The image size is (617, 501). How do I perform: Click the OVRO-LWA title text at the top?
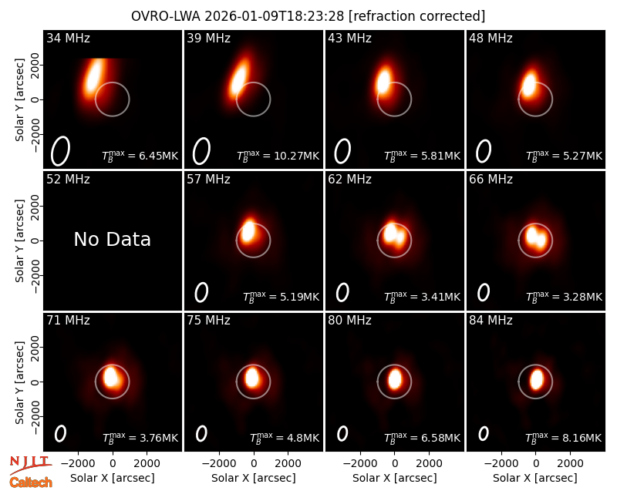308,16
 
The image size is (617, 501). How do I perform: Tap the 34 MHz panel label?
68,38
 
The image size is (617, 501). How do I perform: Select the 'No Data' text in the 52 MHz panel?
112,239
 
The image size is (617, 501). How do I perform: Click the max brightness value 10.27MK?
278,156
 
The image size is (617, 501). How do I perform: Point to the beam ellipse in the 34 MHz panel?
60,151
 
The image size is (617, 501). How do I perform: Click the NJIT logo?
30,464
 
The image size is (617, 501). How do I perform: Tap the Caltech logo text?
31,483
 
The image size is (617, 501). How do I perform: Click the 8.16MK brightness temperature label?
564,438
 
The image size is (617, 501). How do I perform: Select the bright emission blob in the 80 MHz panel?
395,379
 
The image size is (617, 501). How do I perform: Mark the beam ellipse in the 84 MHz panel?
484,433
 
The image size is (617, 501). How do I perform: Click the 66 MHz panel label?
491,180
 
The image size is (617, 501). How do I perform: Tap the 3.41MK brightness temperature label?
422,297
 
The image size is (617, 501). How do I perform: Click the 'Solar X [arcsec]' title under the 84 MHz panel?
535,478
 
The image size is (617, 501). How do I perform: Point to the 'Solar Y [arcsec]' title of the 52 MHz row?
19,240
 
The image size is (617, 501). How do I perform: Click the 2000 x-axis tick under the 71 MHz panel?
147,463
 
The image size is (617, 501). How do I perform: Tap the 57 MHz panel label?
208,180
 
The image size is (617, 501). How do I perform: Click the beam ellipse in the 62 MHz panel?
342,292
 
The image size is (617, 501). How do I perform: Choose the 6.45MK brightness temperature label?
140,156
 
